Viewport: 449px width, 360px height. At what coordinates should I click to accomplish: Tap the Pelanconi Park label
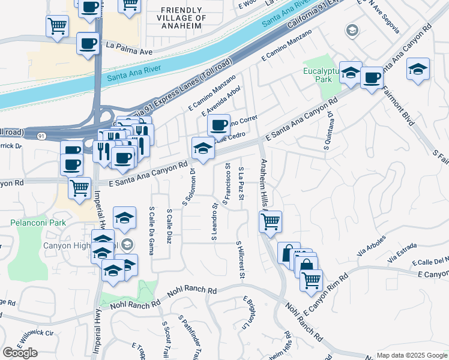tap(37, 223)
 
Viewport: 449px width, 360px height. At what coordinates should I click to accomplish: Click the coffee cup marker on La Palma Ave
tap(88, 44)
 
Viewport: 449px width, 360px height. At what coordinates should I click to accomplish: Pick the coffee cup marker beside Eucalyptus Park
tap(371, 77)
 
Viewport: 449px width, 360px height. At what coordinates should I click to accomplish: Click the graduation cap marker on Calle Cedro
tap(202, 148)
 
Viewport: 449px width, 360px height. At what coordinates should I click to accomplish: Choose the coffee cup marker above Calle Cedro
tap(218, 125)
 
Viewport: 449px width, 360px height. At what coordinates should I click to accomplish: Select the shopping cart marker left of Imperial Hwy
tap(79, 188)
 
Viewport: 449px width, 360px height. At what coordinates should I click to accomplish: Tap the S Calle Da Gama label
tap(151, 230)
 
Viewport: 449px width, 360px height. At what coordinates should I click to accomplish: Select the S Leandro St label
tap(214, 222)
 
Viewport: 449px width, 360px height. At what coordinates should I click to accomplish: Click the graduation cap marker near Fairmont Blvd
tap(418, 69)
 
